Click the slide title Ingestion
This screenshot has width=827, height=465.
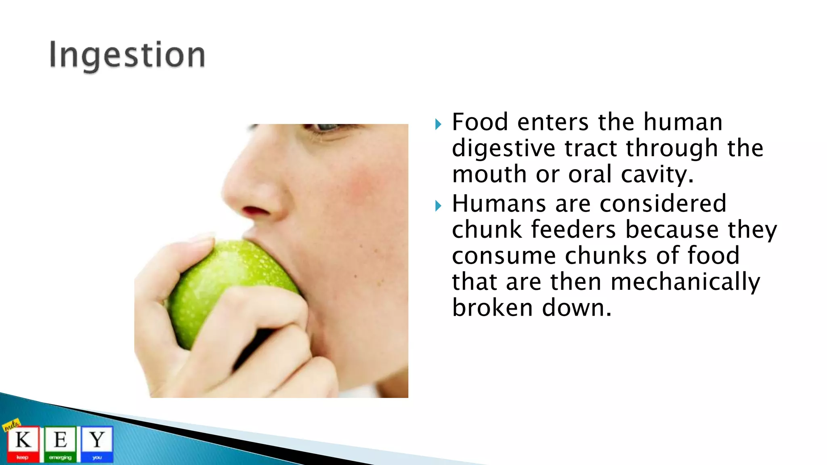click(x=127, y=55)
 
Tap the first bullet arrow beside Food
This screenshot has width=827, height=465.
click(x=439, y=124)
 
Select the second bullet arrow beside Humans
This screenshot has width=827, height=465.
click(x=439, y=206)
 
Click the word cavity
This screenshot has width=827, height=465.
click(x=657, y=174)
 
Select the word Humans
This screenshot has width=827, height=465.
click(x=499, y=203)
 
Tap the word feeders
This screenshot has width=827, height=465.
click(x=573, y=230)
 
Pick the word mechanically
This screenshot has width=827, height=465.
click(x=685, y=282)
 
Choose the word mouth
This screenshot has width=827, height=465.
click(x=489, y=174)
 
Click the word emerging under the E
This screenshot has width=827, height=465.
click(x=60, y=458)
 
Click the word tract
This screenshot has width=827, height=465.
click(x=590, y=149)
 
